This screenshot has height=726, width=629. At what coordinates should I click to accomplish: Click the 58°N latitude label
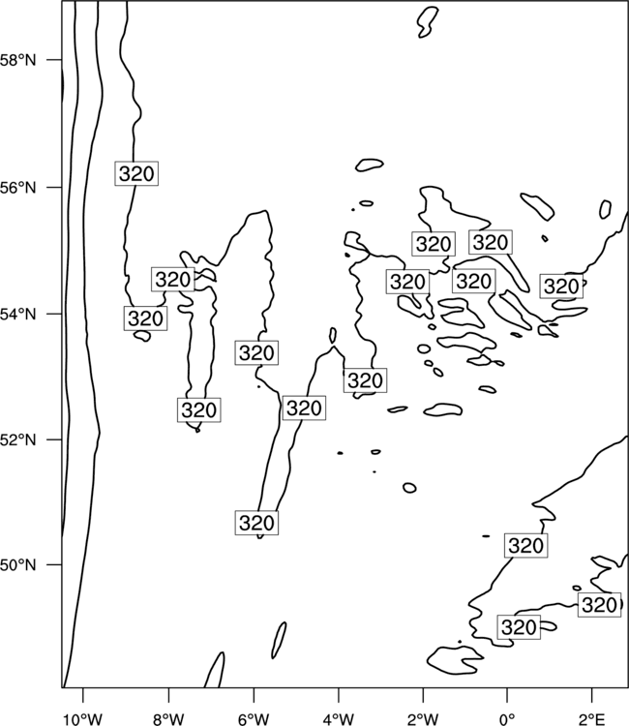pos(18,60)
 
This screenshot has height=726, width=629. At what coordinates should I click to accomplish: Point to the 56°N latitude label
pos(18,188)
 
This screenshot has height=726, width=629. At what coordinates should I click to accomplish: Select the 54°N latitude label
pos(18,314)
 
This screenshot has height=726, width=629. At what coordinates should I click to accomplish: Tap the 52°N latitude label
pos(18,439)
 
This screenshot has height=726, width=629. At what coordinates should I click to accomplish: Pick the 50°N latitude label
pos(18,565)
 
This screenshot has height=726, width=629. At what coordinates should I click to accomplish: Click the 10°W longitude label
pos(83,719)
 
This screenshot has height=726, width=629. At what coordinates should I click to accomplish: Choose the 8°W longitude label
pos(168,719)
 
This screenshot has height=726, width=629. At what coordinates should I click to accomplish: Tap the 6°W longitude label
pos(254,719)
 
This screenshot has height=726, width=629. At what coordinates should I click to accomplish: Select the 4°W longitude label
pos(339,719)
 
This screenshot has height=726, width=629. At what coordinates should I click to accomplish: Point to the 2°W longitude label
pos(423,719)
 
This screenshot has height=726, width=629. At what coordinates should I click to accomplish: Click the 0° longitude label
pos(507,719)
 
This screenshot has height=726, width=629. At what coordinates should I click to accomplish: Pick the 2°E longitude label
pos(592,719)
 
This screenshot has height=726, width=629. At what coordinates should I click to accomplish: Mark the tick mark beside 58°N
pos(53,60)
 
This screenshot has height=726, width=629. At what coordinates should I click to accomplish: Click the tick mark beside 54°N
pos(53,314)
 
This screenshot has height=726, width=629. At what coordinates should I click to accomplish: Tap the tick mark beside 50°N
pos(53,565)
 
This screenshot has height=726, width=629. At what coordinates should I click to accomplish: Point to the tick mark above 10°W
pos(83,696)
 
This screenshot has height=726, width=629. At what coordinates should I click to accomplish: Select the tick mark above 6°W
pos(254,696)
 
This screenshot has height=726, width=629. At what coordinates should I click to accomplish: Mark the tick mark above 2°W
pos(423,696)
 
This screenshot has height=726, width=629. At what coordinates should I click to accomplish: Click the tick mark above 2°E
pos(592,696)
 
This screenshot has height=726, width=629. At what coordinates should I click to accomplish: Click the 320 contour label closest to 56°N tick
pos(136,173)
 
